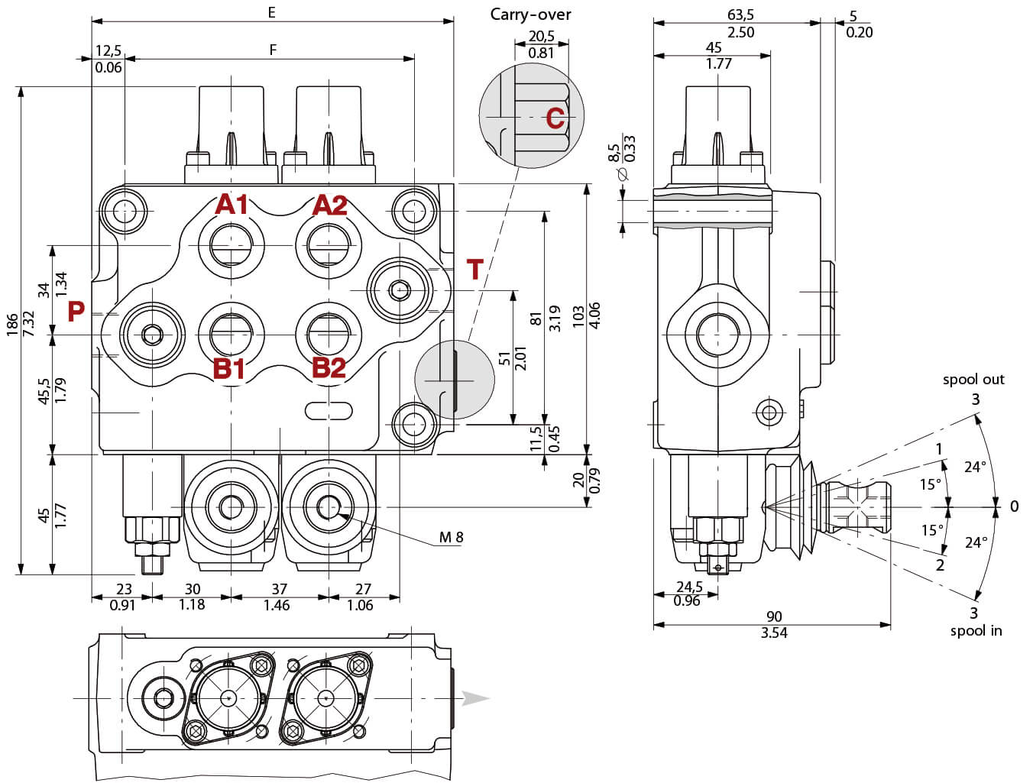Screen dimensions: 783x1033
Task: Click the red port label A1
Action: point(232,205)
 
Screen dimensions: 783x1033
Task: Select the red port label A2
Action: point(330,205)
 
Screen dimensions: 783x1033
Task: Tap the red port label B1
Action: point(229,368)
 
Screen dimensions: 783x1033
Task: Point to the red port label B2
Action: point(329,368)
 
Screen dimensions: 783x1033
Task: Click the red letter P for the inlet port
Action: point(76,312)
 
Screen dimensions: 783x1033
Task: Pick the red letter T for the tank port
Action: point(475,270)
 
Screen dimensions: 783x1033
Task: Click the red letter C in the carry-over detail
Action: point(555,118)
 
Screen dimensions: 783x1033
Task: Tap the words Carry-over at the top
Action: point(530,15)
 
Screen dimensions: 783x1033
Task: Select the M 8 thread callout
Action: point(451,538)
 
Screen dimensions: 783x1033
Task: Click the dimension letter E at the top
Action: point(271,12)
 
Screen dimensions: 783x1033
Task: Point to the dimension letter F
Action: point(273,50)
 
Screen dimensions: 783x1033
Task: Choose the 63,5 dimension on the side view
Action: point(740,15)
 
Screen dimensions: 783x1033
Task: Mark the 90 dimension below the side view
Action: point(773,616)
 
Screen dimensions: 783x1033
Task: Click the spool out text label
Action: point(973,380)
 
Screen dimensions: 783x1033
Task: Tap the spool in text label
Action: point(976,631)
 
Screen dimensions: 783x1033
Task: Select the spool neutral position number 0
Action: point(1014,506)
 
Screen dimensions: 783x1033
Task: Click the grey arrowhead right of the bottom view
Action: point(474,698)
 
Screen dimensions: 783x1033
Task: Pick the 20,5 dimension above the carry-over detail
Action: point(541,36)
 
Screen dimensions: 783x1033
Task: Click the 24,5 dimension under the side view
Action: point(689,587)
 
